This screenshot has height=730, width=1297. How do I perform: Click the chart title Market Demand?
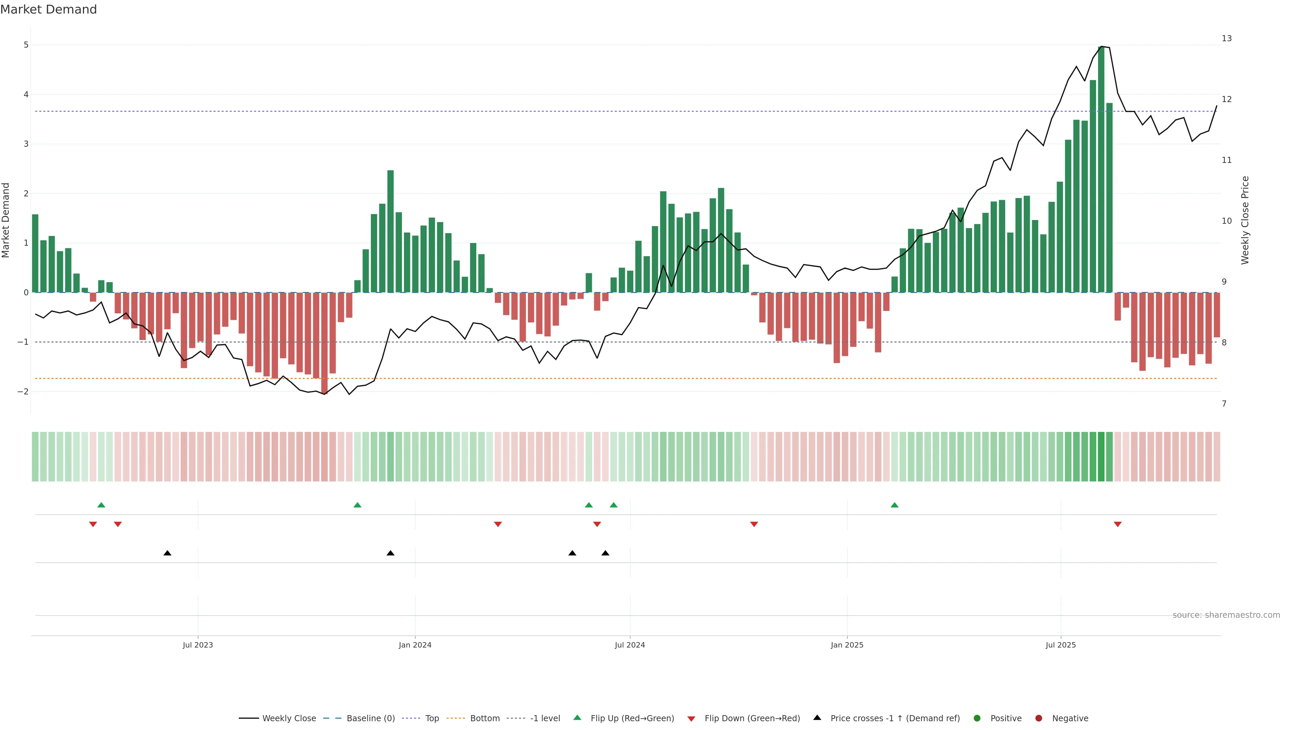coord(48,9)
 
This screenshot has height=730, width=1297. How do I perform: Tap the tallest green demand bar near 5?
coord(1101,169)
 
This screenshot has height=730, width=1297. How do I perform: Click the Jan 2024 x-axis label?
coord(415,645)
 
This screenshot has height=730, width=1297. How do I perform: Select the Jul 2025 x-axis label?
coord(1060,645)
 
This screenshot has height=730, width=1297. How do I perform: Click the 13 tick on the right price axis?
coord(1226,38)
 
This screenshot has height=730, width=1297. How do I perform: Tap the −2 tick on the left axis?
coord(23,391)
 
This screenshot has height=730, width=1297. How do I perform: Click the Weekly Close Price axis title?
coord(1245,220)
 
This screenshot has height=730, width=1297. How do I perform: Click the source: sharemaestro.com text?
coord(1226,615)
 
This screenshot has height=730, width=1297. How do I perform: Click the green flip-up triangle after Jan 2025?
coord(894,505)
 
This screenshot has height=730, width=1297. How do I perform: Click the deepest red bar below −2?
coord(324,343)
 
